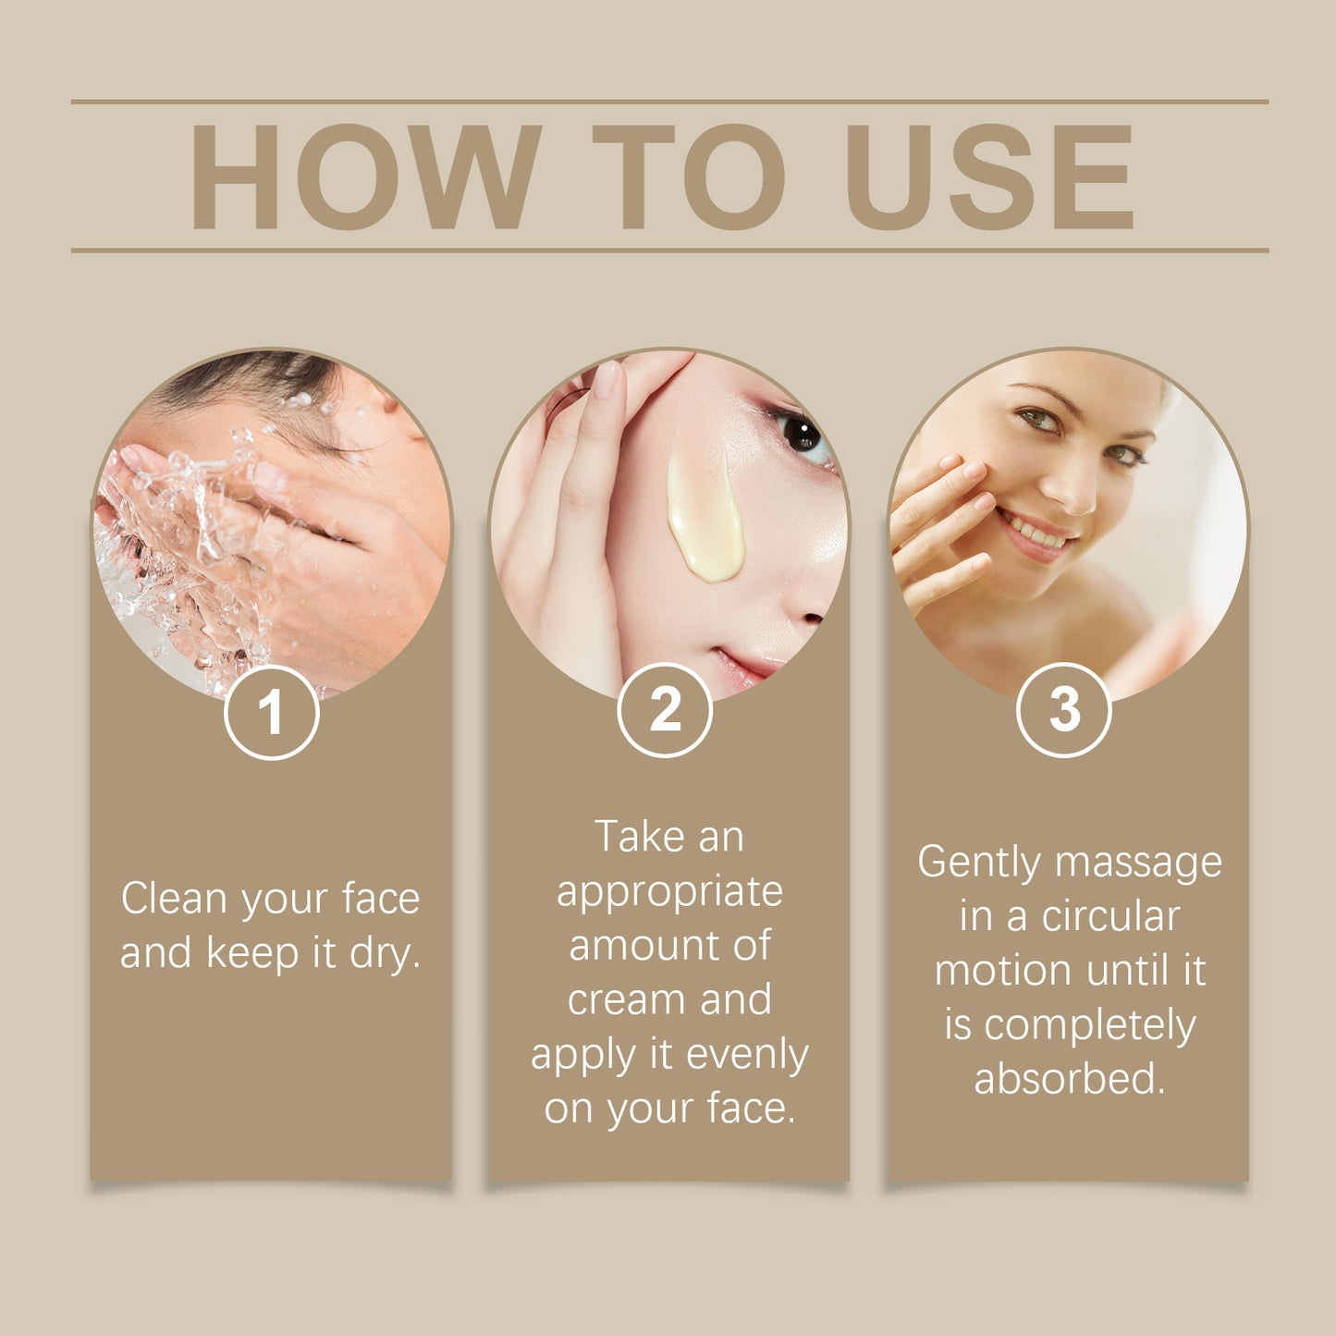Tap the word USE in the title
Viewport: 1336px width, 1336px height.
pos(988,177)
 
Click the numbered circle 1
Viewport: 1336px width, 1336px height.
pos(271,713)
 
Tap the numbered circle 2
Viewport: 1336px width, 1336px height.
pos(665,710)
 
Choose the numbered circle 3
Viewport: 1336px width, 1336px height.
pos(1064,710)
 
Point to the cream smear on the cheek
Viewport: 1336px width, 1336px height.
pos(705,518)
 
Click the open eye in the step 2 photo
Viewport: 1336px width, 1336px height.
pos(801,434)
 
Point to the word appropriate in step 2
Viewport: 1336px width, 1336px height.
pos(669,892)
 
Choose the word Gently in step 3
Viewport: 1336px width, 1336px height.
pos(979,864)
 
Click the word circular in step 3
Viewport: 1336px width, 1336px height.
pos(1110,917)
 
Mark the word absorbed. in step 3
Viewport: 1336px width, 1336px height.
pos(1070,1079)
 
